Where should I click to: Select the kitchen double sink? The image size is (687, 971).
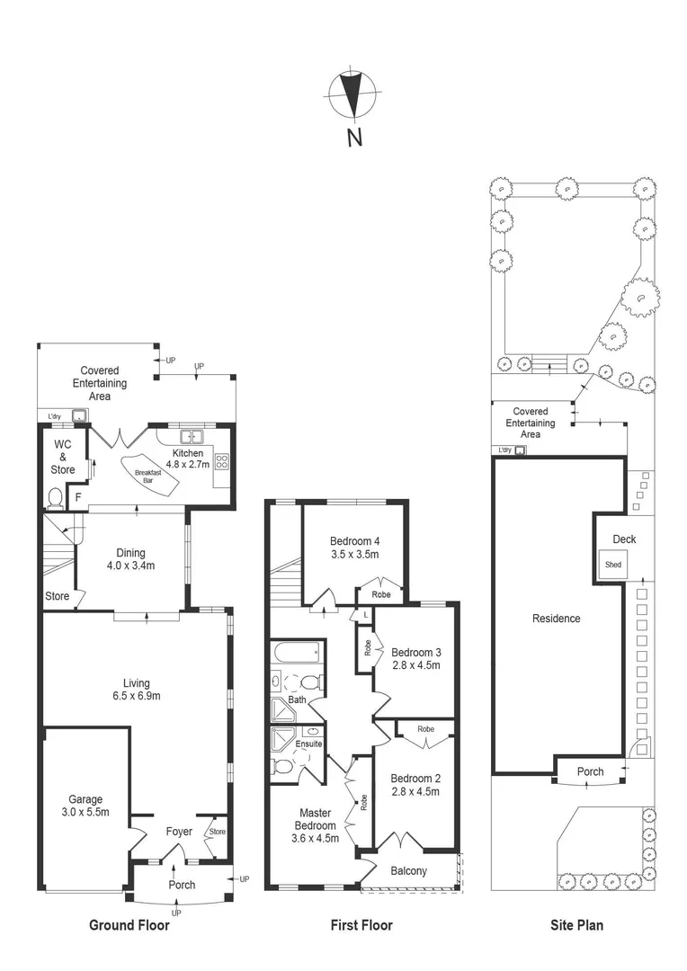coord(191,437)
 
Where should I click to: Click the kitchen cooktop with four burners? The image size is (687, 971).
coord(221,462)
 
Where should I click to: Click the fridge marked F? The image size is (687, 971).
coord(78,496)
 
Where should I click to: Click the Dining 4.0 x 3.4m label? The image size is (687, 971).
coord(131,560)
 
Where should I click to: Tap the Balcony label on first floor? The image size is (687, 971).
coord(409,871)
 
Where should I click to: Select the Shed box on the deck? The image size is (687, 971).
coord(613,565)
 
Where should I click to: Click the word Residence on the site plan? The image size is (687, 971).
coord(557,619)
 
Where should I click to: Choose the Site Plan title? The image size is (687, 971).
coord(576,925)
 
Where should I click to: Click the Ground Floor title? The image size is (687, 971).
coord(129,925)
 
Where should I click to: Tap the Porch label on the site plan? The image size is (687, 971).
coord(590,771)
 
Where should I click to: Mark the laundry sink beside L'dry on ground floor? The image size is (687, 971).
coord(80,415)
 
